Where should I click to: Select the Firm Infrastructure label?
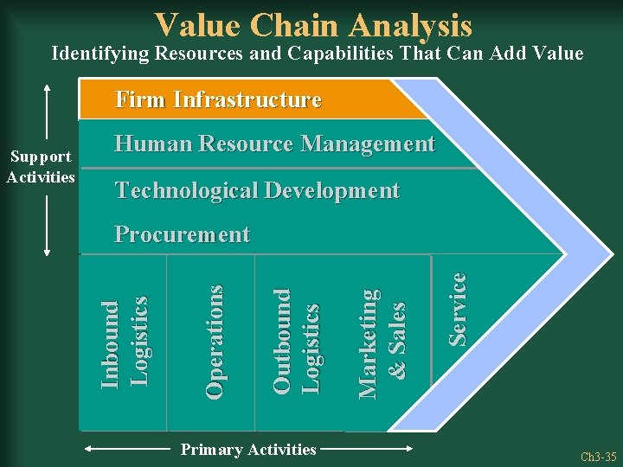tap(218, 100)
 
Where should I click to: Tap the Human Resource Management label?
tap(274, 144)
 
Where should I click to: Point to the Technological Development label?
tap(257, 190)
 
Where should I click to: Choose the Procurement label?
tap(182, 234)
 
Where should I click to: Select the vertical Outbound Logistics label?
tap(295, 342)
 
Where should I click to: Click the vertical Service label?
tap(457, 309)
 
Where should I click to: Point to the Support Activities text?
tap(41, 167)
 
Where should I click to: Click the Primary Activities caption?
tap(247, 449)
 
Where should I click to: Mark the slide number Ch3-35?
tap(599, 456)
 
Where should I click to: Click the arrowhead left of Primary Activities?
tap(89, 449)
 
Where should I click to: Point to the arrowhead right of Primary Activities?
tap(411, 449)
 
